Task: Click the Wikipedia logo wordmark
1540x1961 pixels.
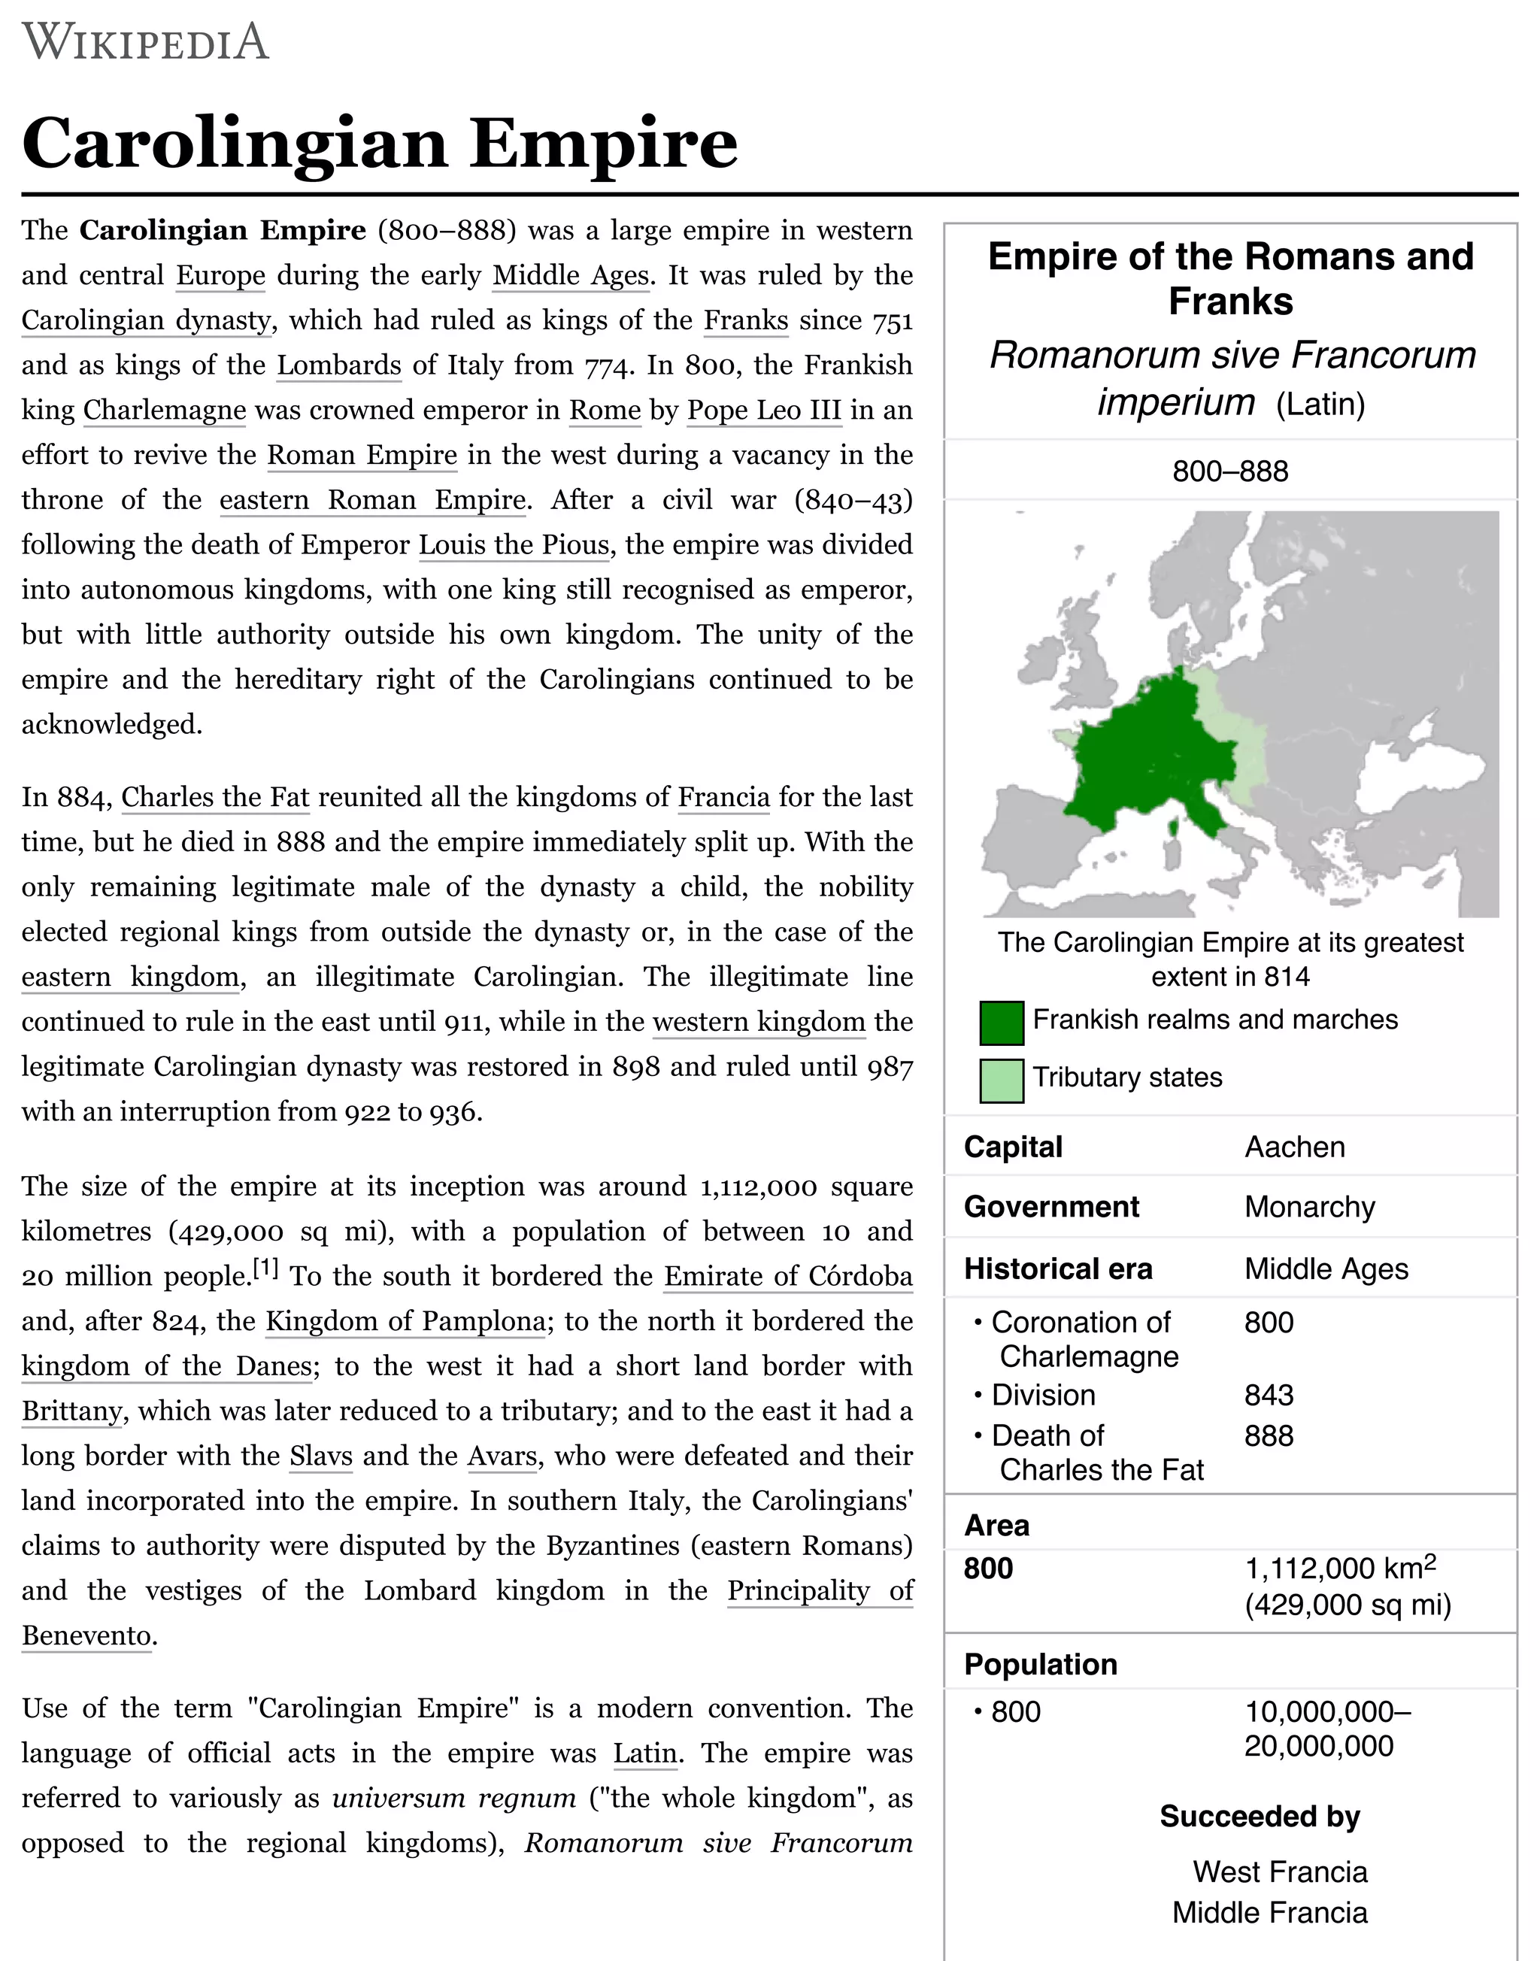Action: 145,42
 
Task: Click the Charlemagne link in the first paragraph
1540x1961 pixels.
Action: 164,411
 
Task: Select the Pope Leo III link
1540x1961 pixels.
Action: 764,411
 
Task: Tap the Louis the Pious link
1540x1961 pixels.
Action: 514,545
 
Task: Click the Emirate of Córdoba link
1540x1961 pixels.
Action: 787,1277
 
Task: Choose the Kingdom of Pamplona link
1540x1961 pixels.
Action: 405,1322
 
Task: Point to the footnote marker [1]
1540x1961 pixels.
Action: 265,1269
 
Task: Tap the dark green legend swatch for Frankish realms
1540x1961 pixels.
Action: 1001,1023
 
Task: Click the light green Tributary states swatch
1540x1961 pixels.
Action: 1001,1080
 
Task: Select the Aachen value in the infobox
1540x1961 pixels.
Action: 1294,1147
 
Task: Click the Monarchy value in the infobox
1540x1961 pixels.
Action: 1309,1208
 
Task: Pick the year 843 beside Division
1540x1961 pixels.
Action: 1269,1395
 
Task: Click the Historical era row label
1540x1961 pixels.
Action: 1058,1268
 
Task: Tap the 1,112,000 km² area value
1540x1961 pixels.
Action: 1339,1568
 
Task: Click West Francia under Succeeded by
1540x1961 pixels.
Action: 1279,1872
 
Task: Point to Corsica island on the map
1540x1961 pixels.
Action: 1174,827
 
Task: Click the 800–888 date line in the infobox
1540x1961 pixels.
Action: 1230,471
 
